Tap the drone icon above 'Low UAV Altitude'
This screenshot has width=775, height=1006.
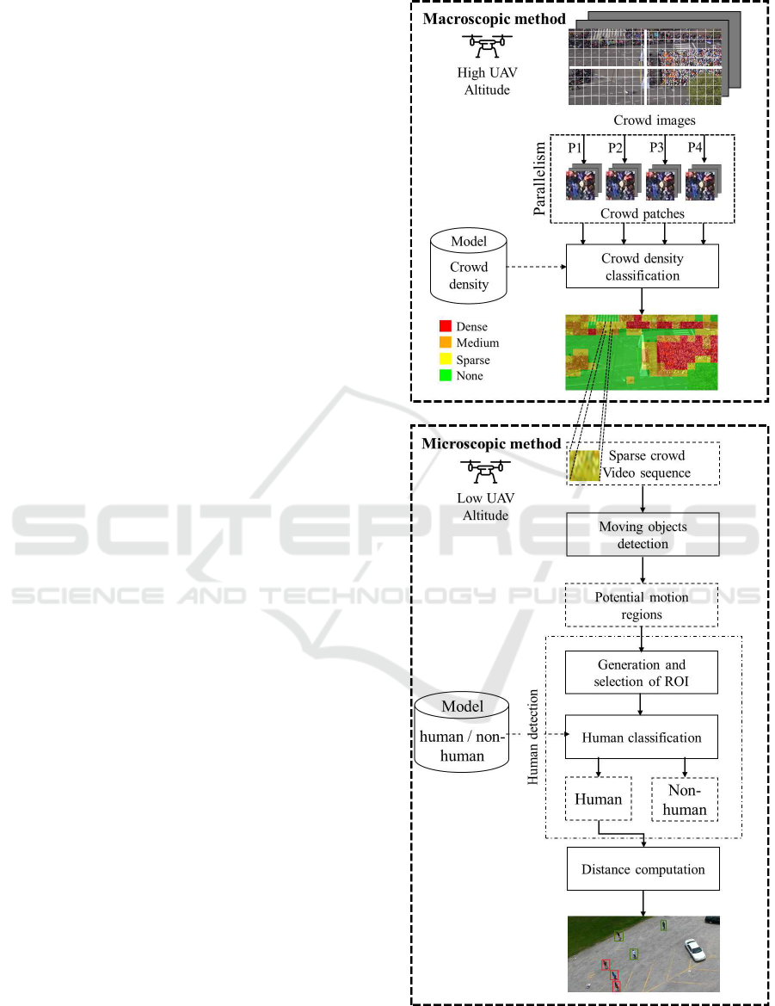[486, 470]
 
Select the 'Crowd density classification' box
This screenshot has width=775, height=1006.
[642, 267]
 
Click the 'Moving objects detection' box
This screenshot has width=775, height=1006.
[642, 535]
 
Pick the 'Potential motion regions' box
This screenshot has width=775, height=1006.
[642, 605]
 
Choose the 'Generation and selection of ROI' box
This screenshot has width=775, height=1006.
[642, 673]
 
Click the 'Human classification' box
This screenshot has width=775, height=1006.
[642, 738]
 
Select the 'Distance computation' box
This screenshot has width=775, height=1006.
[643, 869]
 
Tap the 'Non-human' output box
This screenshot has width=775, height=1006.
[685, 799]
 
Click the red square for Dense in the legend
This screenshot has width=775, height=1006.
[445, 327]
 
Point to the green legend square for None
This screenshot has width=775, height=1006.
[445, 376]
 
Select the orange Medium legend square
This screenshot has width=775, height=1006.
[445, 343]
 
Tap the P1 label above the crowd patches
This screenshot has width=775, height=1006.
[575, 148]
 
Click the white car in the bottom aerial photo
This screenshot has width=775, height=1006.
[694, 949]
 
